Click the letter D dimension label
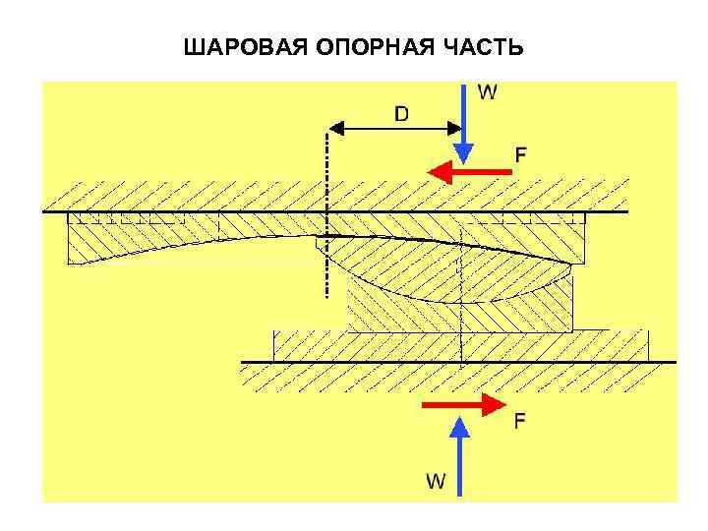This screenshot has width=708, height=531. pos(403,114)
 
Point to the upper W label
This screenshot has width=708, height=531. pos(488,92)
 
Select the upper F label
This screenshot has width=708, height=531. pos(521,153)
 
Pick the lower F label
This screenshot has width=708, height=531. pos(519,420)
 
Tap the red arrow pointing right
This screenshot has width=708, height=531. pos(462,404)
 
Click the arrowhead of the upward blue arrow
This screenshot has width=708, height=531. pos(458,426)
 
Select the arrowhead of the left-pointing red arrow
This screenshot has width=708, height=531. pos(440,172)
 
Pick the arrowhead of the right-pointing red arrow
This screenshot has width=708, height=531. pos(492,404)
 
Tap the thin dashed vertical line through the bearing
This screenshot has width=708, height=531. pos(461,315)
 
